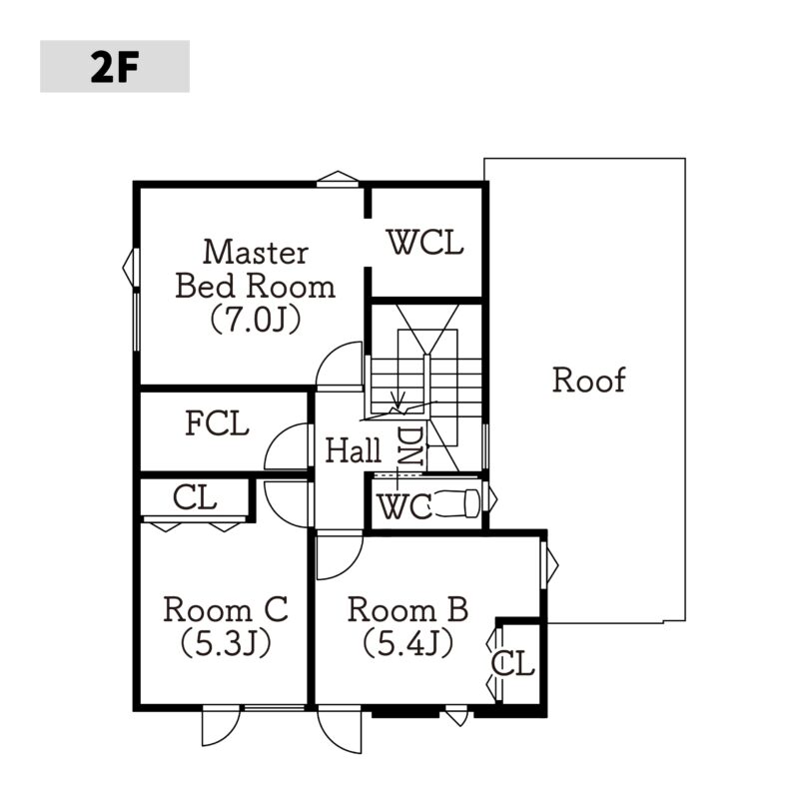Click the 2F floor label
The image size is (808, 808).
click(115, 68)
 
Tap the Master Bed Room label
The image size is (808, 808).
click(256, 269)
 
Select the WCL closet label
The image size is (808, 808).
click(425, 243)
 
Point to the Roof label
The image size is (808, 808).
click(588, 381)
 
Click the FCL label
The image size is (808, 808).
click(217, 423)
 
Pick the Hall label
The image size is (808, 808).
click(354, 449)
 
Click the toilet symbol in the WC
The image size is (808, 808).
click(458, 503)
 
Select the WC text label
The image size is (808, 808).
click(405, 506)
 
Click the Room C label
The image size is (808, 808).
click(225, 609)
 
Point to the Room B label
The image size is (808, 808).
click(407, 609)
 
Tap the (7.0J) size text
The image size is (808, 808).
click(256, 320)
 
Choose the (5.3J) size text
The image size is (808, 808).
click(226, 643)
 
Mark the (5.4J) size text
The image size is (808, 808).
click(408, 643)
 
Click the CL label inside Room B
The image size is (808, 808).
click(512, 663)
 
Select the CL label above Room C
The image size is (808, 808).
click(195, 497)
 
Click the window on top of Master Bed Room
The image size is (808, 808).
click(338, 179)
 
